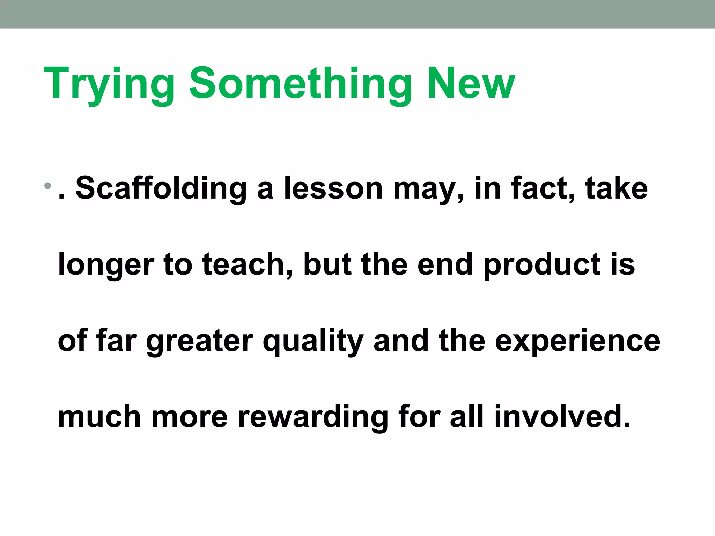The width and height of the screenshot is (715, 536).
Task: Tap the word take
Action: pos(617,188)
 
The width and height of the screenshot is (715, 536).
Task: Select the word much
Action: pos(99,417)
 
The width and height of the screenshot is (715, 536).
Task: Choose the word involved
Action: pos(562,417)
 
